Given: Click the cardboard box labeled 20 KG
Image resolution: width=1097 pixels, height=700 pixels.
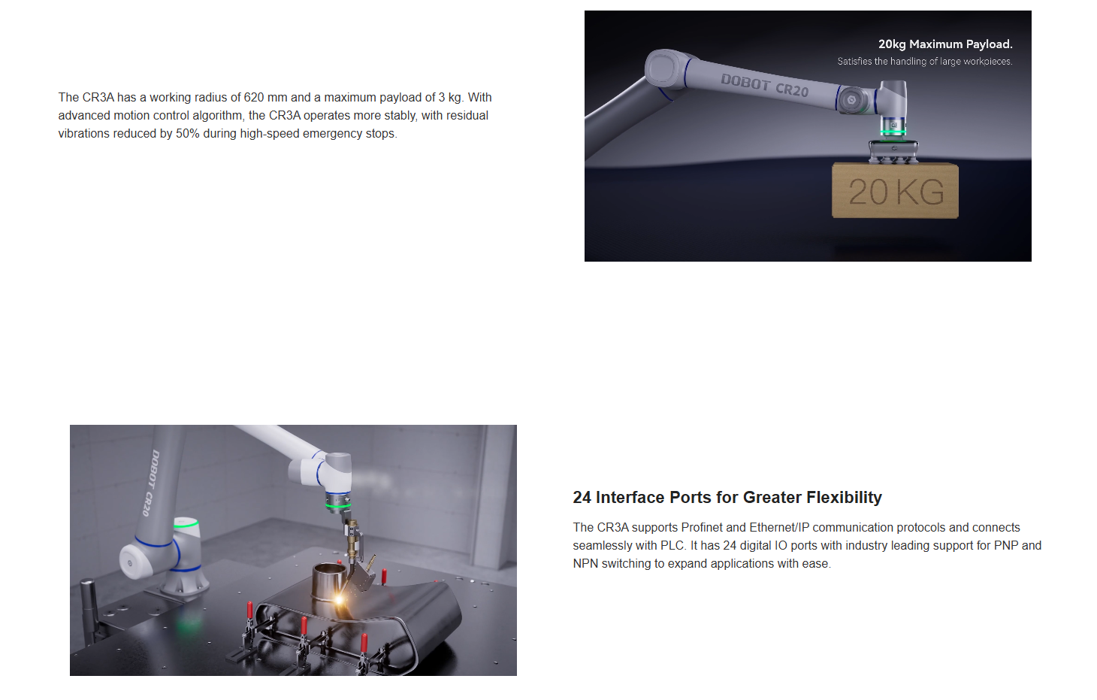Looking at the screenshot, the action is [x=895, y=190].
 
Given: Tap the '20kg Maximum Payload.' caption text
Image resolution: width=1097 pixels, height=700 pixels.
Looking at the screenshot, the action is [x=945, y=44].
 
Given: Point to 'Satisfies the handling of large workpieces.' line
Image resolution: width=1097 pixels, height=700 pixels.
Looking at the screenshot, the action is [x=925, y=61].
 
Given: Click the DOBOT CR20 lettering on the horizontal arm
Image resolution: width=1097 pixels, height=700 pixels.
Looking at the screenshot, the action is [x=764, y=85].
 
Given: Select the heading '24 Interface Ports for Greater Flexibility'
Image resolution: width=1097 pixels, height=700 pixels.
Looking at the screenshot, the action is [x=727, y=497].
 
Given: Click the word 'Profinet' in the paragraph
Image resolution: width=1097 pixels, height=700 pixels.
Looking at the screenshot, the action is [x=702, y=528].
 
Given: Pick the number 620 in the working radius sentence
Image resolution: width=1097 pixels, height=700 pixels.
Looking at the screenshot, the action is [x=254, y=97].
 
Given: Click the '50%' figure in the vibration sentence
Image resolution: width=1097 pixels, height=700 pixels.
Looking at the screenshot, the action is [x=188, y=133].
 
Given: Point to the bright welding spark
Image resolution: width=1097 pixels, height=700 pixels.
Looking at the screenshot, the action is [x=338, y=598].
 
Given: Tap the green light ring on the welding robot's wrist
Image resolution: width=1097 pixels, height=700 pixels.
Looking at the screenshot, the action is [x=338, y=504].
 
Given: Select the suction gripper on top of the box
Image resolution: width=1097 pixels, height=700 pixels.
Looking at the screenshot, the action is [x=893, y=151].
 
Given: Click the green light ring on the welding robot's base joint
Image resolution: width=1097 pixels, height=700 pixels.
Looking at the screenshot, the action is [x=186, y=524].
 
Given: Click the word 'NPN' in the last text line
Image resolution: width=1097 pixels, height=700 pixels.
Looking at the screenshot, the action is [x=585, y=564].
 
